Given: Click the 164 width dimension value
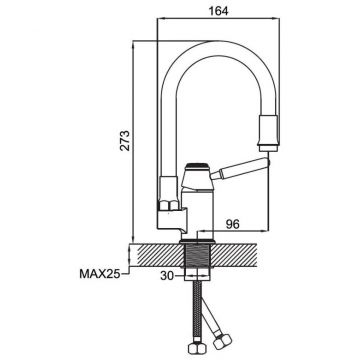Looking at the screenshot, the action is pos(218,11).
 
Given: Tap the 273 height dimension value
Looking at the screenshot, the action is pos(125,141).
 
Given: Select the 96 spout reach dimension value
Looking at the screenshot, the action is pos(232,224).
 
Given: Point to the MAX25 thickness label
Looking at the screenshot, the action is pos(99,274).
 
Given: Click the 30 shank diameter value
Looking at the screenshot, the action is pos(167,276).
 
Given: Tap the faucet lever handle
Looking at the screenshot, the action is pos(241,168).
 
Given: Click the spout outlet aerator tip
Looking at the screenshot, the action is pos(268,148).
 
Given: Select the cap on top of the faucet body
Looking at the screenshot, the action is pos(197,166).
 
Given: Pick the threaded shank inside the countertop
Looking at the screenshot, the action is pos(198,255).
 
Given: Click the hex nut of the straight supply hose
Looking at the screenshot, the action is pos(198,347).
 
